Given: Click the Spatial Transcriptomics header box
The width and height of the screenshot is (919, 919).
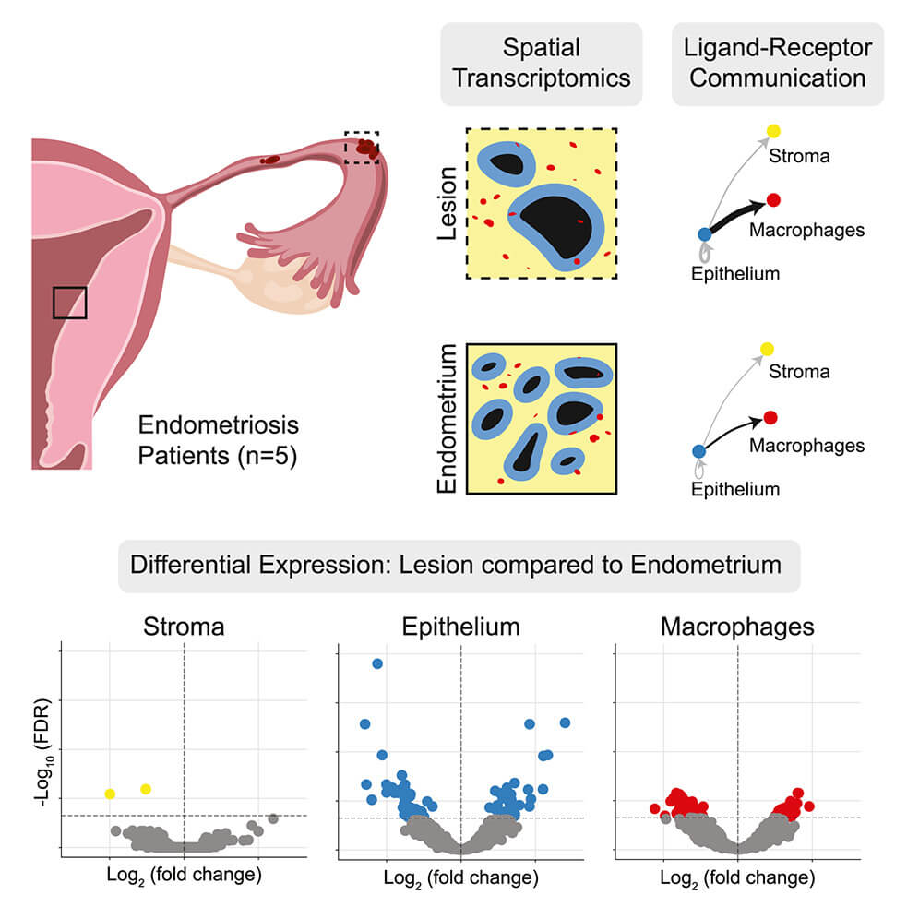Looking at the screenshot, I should tap(541, 63).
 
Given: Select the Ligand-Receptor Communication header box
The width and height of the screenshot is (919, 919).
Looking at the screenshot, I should tap(778, 63).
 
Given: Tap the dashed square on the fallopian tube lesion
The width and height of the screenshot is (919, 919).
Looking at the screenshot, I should tap(362, 147).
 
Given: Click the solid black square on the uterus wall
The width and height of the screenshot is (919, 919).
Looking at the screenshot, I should tap(69, 302).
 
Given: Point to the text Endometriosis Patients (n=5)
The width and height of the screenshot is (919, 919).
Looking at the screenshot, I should tap(218, 441).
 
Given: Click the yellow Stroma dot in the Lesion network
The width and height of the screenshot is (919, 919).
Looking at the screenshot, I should tap(773, 131).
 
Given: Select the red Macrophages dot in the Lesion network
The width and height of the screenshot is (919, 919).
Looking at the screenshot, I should tap(773, 199).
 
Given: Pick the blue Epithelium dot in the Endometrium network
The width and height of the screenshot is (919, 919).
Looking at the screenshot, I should tap(698, 450).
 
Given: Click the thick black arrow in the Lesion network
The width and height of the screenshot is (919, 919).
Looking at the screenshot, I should tap(738, 214).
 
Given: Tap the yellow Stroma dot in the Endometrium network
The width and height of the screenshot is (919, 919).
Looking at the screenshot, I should tap(765, 348).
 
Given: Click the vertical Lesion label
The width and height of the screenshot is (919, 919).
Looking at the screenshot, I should tap(448, 205).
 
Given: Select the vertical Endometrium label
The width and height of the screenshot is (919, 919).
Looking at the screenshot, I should tap(448, 420).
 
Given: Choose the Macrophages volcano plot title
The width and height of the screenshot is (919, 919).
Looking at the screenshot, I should tap(737, 627).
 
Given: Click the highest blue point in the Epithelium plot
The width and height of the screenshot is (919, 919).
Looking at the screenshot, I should tap(376, 663).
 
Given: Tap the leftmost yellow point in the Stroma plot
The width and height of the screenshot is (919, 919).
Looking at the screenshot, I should tap(110, 794).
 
